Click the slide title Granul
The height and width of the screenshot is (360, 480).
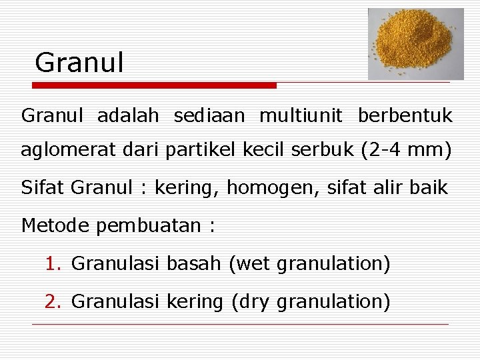[x=79, y=63]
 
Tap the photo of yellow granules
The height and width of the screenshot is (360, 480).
[x=416, y=44]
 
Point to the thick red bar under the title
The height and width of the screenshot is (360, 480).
[x=154, y=85]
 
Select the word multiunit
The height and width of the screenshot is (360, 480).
[x=301, y=116]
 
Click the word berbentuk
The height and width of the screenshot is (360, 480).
[x=405, y=116]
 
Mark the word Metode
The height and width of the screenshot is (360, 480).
[x=55, y=225]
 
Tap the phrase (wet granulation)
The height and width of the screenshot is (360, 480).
[x=309, y=264]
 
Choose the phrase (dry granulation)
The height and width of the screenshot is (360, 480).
[x=310, y=302]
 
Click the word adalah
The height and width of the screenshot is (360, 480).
[x=128, y=116]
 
